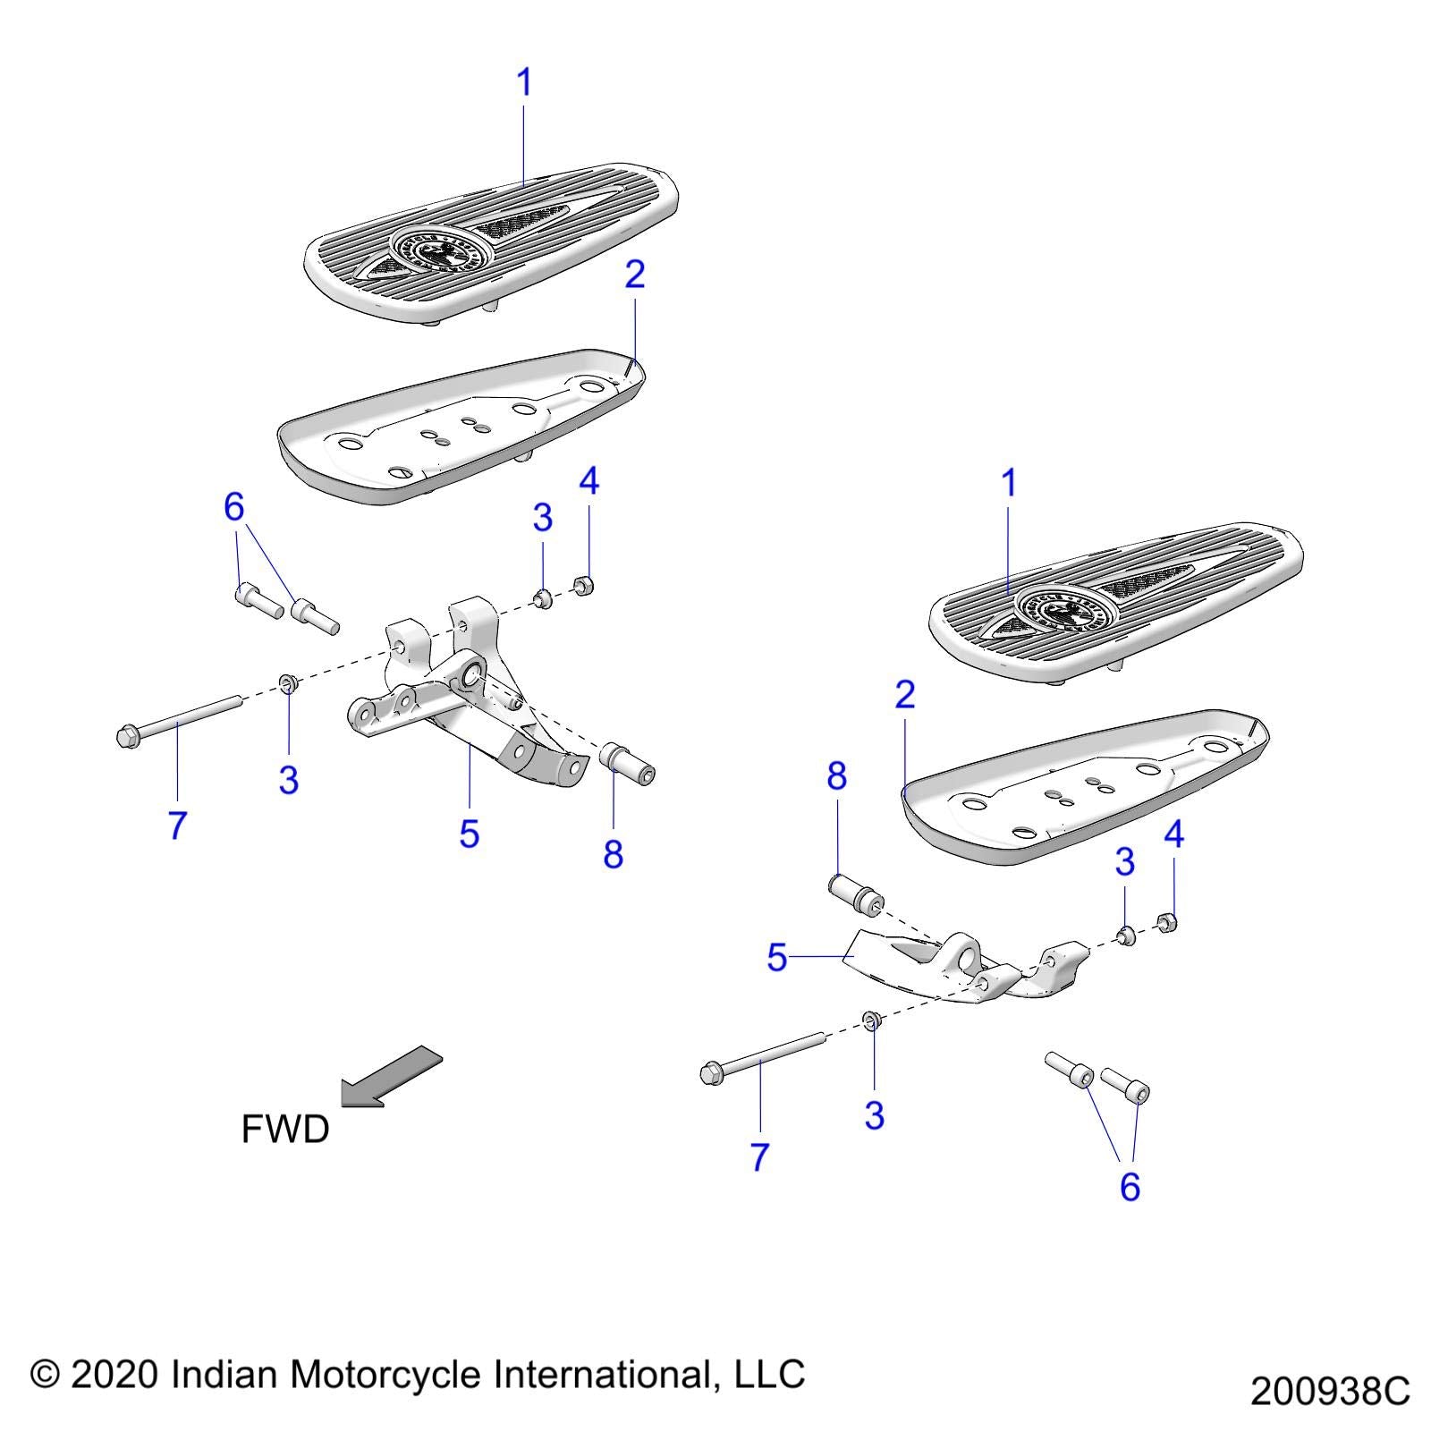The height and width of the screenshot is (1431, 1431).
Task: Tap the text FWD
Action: (285, 1130)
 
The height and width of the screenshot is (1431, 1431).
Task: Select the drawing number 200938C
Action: (1329, 1392)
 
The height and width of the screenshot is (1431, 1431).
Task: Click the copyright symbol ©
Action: (45, 1375)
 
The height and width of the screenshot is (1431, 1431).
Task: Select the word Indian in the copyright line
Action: (224, 1374)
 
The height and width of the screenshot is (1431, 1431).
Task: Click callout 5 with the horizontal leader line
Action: (776, 958)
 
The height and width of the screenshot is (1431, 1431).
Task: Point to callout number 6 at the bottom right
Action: (1130, 1187)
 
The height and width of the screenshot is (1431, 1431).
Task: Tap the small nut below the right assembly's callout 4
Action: (1166, 921)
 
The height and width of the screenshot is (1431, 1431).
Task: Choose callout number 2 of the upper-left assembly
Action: (634, 275)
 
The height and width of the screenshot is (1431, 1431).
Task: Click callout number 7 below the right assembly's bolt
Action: (759, 1156)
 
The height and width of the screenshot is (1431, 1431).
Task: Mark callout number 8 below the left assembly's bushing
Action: (613, 854)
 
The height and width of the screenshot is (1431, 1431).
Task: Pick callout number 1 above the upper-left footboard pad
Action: (524, 83)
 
